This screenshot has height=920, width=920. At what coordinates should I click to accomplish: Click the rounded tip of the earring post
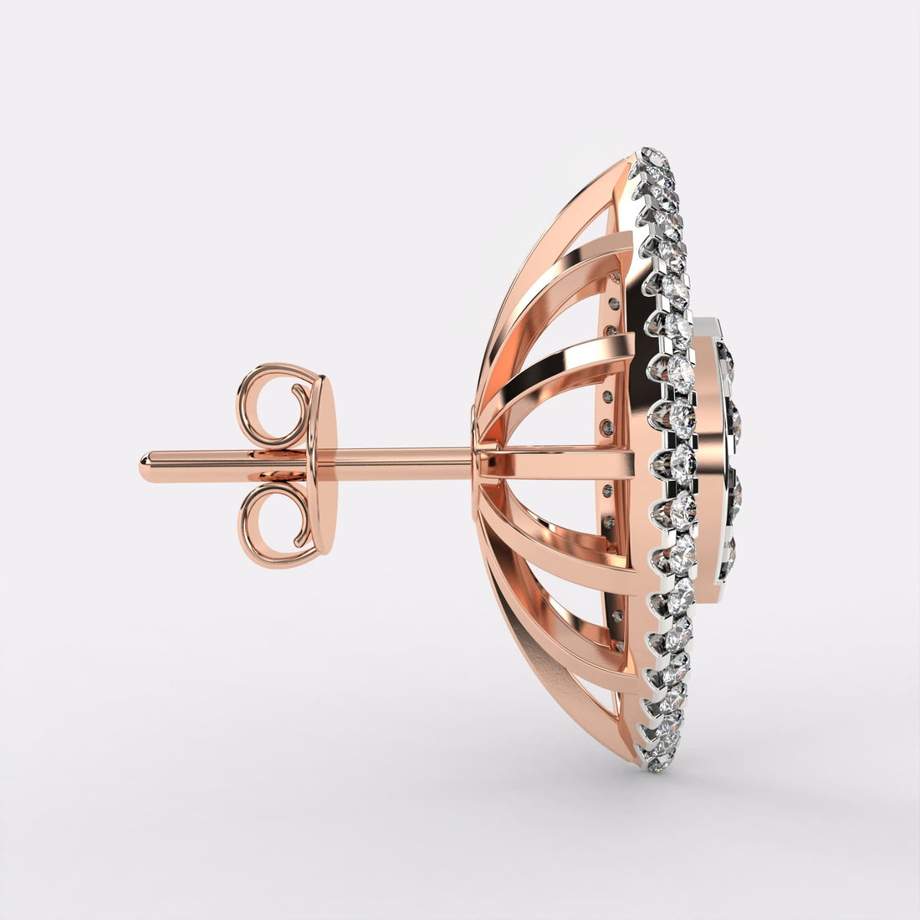click(x=146, y=465)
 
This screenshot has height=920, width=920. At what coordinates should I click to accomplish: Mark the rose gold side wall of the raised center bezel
click(x=707, y=460)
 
